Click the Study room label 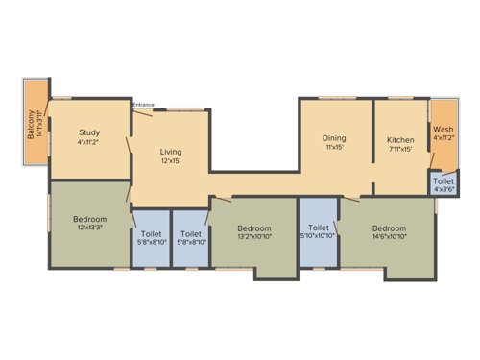pos(90,132)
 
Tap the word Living pos(171,151)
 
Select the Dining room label pos(334,138)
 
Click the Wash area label pos(443,129)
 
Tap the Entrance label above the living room pos(143,104)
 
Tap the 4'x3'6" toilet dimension pos(444,189)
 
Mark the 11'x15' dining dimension pos(334,148)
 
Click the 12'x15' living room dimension pos(171,160)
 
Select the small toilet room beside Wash pos(443,184)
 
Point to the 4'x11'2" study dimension pos(90,142)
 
